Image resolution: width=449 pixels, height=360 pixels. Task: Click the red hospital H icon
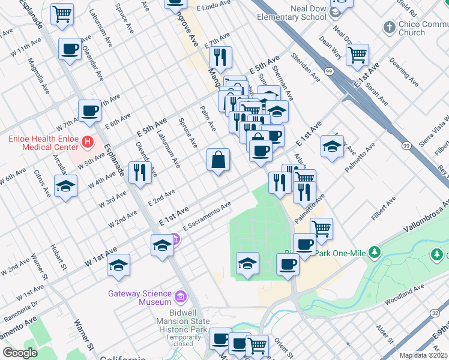click(x=88, y=142)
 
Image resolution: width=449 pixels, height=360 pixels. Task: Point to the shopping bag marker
click(x=218, y=160)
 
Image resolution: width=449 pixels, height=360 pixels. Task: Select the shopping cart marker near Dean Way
click(x=357, y=55)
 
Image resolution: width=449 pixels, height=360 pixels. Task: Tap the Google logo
click(x=20, y=353)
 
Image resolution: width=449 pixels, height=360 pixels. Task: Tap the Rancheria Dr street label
click(x=20, y=307)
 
